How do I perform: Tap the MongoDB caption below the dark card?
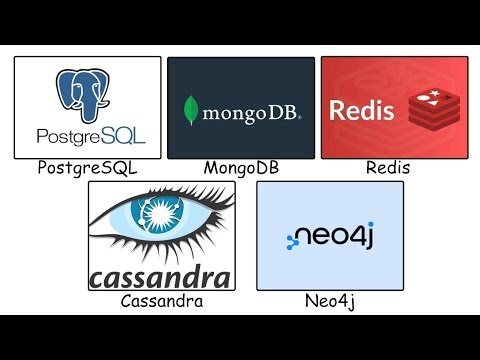pyautogui.click(x=240, y=168)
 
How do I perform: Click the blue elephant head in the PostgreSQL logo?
pyautogui.click(x=86, y=93)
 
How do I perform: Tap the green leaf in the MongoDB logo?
pyautogui.click(x=189, y=109)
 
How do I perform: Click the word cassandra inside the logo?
pyautogui.click(x=160, y=276)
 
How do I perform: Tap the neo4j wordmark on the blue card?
pyautogui.click(x=338, y=237)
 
